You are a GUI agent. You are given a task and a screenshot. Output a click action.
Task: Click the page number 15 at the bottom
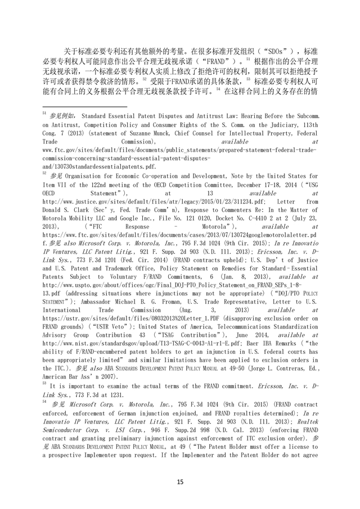click(180, 482)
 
